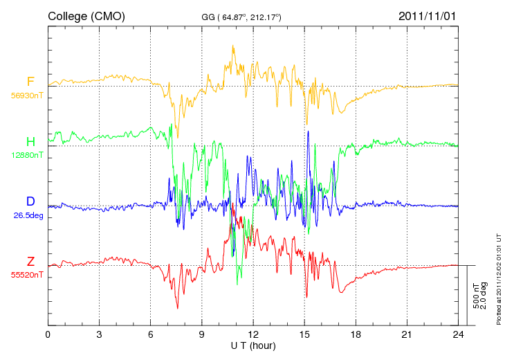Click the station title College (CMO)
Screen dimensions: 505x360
coord(86,17)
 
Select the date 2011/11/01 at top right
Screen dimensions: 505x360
coord(427,16)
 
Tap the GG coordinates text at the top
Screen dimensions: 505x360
coord(241,17)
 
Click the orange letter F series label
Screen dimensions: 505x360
coord(30,82)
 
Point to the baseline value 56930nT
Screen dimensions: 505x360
coord(27,96)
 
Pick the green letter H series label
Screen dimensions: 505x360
coord(30,141)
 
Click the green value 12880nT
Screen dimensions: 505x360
coord(28,155)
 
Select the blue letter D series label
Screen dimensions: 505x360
coord(30,201)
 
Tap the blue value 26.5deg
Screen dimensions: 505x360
coord(28,215)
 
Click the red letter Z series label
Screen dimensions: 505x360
coord(30,261)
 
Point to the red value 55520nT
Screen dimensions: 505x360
coord(27,275)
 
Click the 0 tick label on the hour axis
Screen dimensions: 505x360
coord(48,334)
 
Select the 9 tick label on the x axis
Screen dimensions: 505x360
coord(201,334)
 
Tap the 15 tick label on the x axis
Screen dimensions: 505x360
coord(304,334)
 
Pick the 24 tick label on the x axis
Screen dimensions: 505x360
coord(458,334)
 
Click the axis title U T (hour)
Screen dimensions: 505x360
coord(253,346)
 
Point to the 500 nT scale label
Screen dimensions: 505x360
coord(476,296)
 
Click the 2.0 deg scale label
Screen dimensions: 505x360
coord(483,296)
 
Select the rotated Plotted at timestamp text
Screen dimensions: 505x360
coord(499,279)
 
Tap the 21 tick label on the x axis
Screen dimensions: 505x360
coord(407,334)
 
